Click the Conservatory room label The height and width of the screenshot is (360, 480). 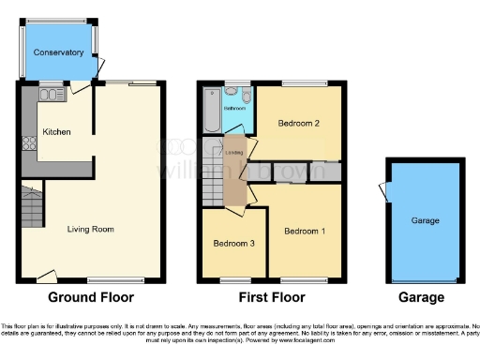coord(59,52)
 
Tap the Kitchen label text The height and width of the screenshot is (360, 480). coord(56,133)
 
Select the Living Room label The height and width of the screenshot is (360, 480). coord(90,229)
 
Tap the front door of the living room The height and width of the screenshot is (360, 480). coord(44,276)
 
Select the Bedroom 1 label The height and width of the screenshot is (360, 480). coord(306,232)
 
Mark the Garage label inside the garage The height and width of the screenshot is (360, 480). coord(425,220)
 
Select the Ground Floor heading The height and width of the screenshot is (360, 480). coord(91,297)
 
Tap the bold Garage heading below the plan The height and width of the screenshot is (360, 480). coord(421,297)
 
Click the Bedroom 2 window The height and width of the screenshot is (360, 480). coord(303,84)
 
